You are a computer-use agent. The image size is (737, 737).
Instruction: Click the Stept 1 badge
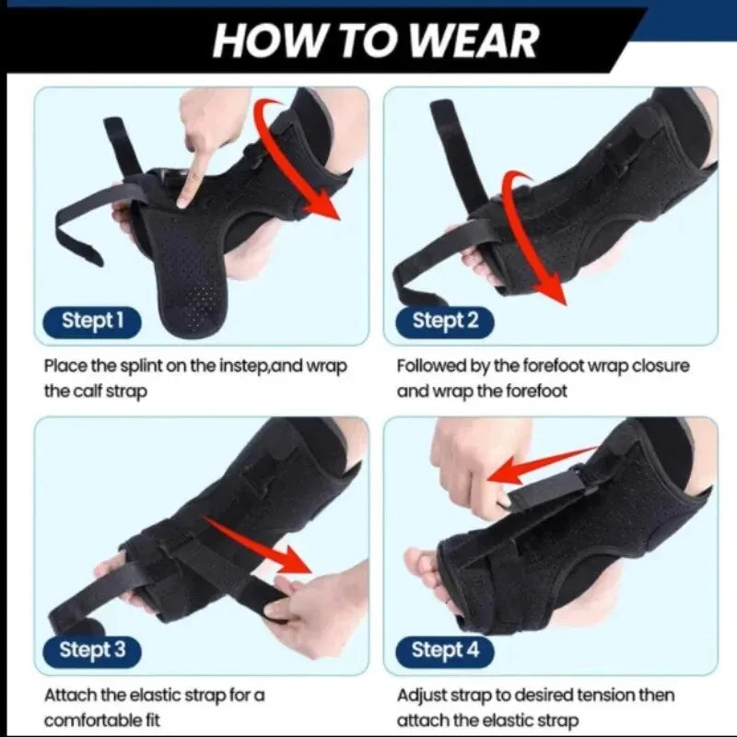[90, 322]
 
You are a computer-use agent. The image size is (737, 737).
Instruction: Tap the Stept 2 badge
[446, 322]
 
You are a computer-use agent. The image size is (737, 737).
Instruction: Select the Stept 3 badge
[90, 649]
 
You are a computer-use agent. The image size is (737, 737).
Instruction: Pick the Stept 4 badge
[446, 649]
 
